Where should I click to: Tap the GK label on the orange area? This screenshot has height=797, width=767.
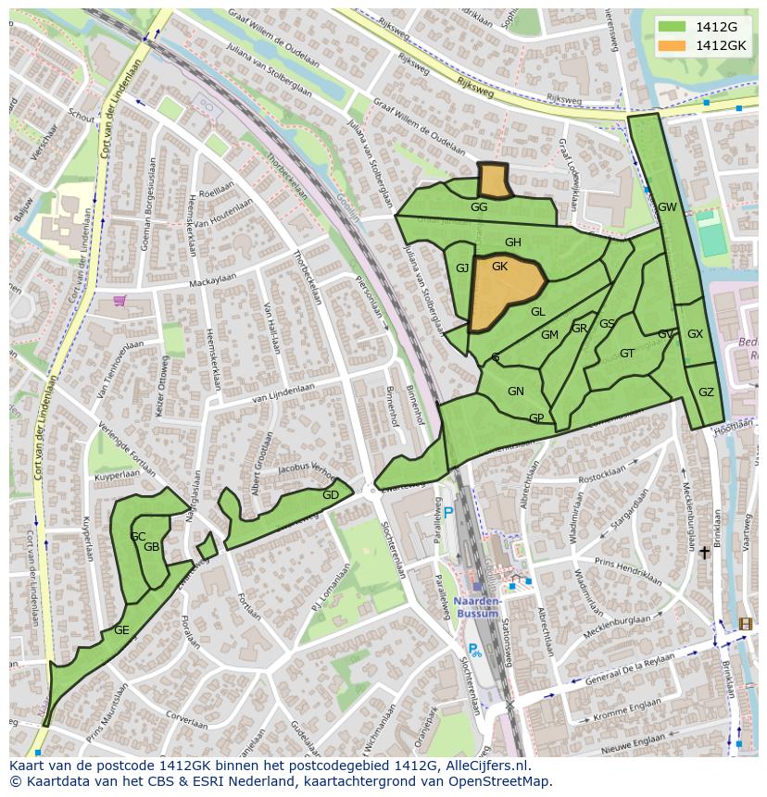[x=500, y=267]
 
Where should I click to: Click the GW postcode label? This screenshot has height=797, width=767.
[x=667, y=207]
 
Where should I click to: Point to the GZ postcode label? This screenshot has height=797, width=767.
[x=706, y=392]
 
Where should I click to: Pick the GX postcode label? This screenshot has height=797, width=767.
[x=695, y=334]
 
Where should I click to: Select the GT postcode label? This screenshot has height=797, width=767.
[x=627, y=354]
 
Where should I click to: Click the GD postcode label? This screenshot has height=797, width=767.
[x=330, y=495]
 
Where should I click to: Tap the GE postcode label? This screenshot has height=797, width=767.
[x=121, y=630]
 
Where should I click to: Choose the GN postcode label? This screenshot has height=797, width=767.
[x=516, y=392]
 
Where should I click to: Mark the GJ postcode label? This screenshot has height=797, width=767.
[x=462, y=268]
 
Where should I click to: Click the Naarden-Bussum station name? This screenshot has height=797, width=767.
[x=479, y=606]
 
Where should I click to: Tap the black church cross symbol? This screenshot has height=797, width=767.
[x=704, y=553]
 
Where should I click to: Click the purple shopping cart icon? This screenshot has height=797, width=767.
[x=119, y=300]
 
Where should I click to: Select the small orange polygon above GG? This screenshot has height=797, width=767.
[x=494, y=181]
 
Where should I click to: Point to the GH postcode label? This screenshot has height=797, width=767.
[x=512, y=243]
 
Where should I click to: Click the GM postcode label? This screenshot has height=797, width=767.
[x=549, y=335]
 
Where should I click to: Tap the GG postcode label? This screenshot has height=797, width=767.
[x=479, y=207]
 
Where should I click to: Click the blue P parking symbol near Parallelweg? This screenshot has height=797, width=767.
[x=448, y=513]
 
